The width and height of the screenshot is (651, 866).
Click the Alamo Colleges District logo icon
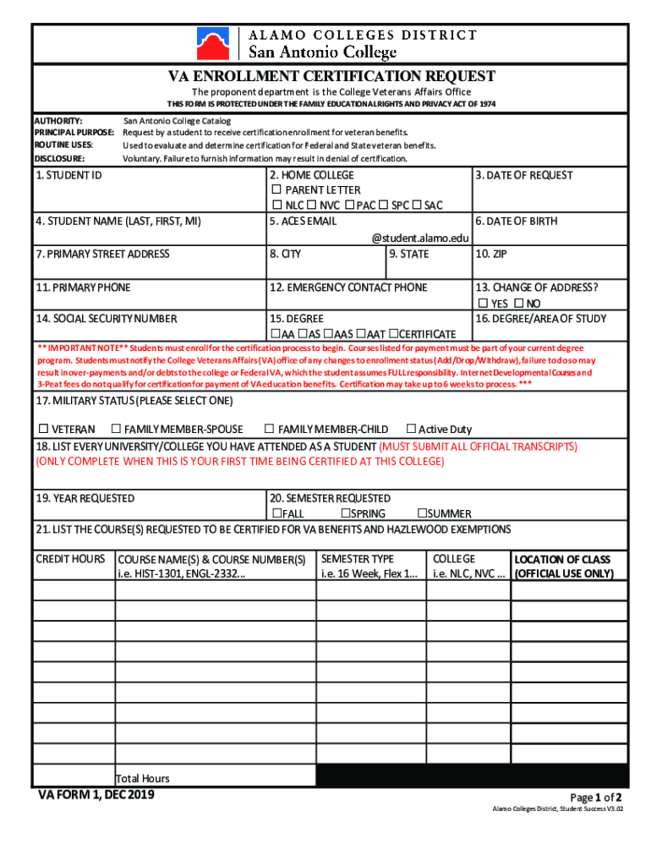pos(212,43)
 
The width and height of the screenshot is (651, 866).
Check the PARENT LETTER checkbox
pos(276,190)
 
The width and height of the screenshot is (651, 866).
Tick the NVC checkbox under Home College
pos(311,206)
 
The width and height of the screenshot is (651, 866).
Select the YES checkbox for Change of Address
pos(483,304)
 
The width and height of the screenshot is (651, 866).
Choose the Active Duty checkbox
pos(412,429)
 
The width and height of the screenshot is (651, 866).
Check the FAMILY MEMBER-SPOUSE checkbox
pos(117,429)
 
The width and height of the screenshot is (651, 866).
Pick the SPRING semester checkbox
pos(346,513)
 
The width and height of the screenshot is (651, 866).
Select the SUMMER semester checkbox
pos(421,513)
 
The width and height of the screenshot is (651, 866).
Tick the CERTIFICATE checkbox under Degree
pos(392,334)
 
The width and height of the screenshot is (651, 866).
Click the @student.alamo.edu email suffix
pos(419,238)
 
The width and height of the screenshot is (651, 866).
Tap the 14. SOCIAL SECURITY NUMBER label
pos(107,319)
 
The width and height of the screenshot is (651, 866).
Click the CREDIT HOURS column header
pos(70,559)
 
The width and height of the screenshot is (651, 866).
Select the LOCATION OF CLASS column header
pos(562,559)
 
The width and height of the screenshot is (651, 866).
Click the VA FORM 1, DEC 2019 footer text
pos(96,795)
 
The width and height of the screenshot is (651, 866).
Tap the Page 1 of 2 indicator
pos(596,797)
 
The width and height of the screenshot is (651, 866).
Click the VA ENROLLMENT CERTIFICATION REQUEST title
pos(331,77)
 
